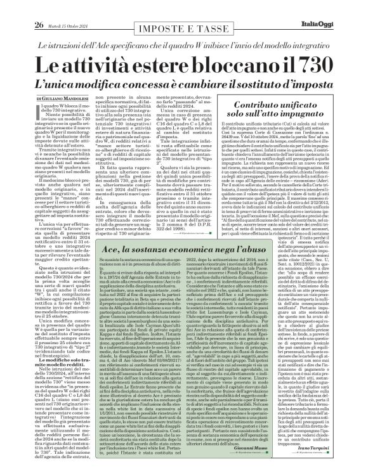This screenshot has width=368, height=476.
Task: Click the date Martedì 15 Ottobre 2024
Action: point(68,8)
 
